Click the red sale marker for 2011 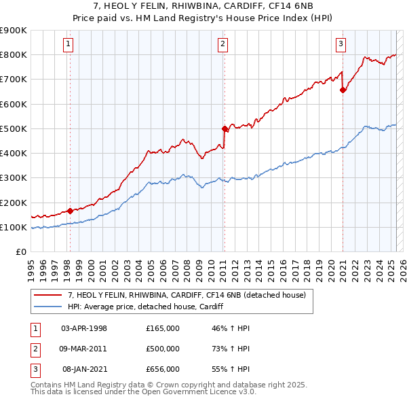(x=224, y=128)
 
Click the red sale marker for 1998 (x=69, y=211)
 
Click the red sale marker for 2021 (x=343, y=90)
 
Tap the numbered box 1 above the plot (x=69, y=45)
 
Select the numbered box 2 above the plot (x=223, y=45)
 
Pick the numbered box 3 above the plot (x=341, y=45)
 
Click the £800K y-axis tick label (x=13, y=54)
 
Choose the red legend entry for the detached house (x=187, y=295)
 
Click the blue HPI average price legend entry (x=145, y=307)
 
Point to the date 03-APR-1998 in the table (x=84, y=328)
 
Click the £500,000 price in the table (x=162, y=349)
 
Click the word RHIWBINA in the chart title (x=187, y=6)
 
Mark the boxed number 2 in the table (x=35, y=349)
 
